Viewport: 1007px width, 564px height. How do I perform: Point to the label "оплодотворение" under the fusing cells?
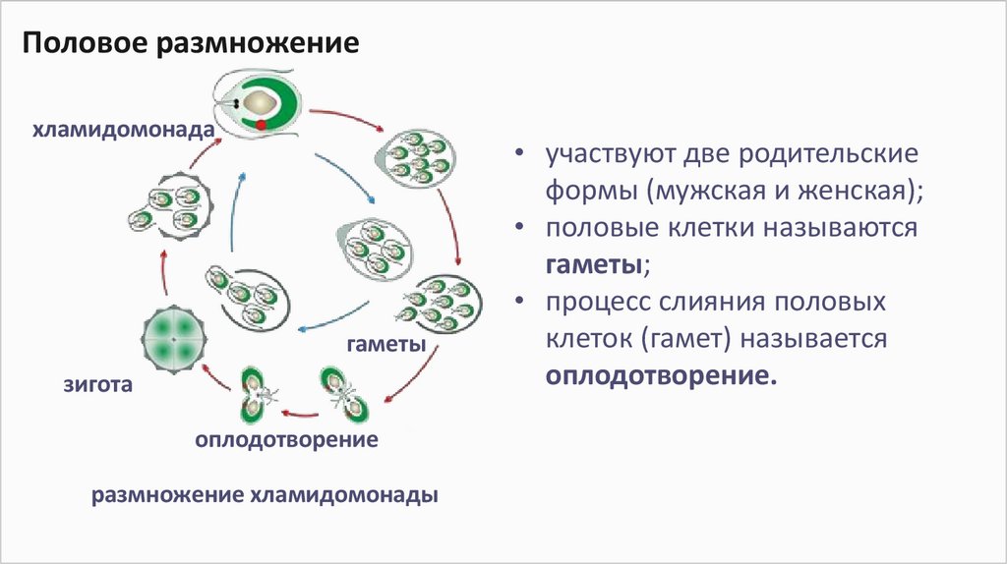tap(286, 439)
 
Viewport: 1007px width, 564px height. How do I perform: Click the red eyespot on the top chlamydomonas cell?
tap(261, 125)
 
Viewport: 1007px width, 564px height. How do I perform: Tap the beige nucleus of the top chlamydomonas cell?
tap(260, 102)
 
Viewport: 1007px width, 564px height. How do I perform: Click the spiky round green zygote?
tap(173, 335)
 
